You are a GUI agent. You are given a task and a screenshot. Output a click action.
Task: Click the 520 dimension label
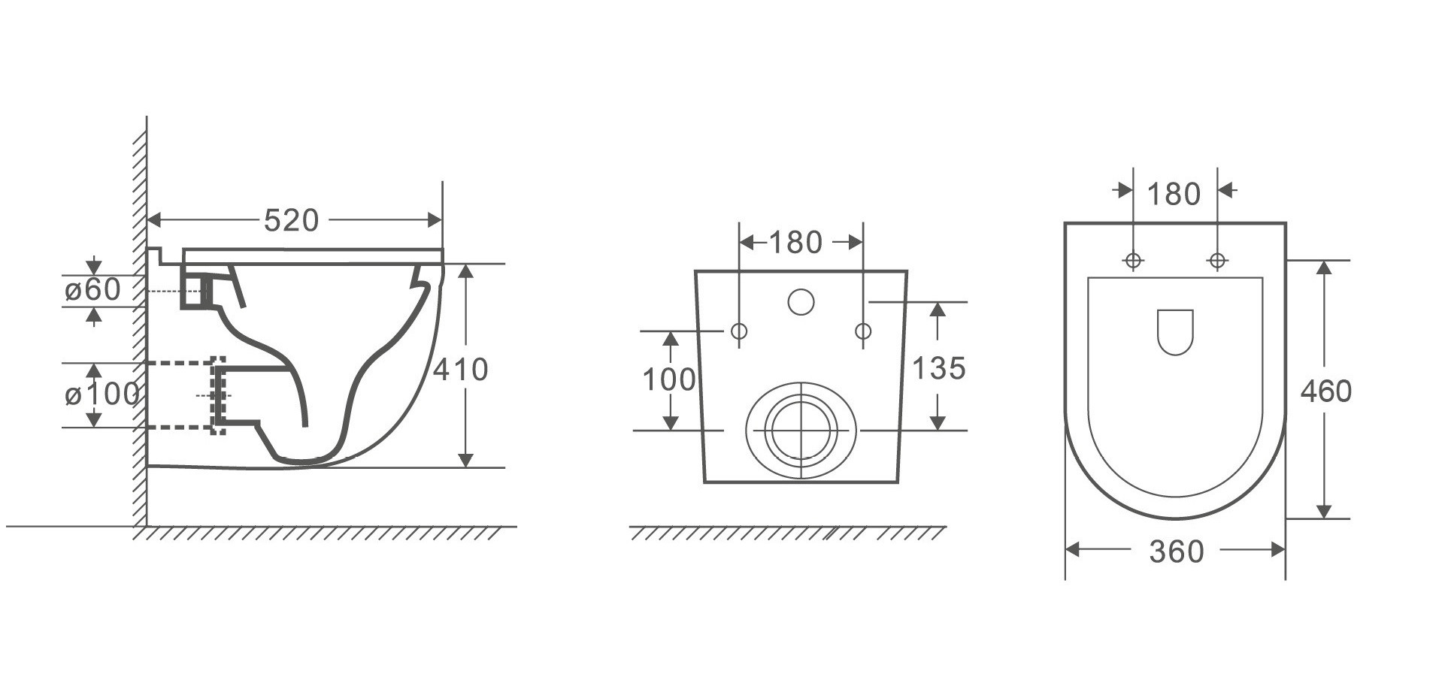(x=292, y=220)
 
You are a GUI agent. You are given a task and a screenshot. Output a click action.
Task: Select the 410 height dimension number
(x=460, y=369)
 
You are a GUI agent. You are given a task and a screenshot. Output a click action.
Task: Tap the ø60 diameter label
(x=92, y=290)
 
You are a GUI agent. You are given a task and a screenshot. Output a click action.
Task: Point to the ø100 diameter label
(x=101, y=394)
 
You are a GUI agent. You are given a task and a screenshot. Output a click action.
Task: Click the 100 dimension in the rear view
(x=668, y=379)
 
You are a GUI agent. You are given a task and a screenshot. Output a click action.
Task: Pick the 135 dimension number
(x=938, y=368)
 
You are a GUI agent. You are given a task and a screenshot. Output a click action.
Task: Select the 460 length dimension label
(x=1326, y=391)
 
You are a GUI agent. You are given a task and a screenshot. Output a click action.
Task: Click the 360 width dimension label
(x=1177, y=552)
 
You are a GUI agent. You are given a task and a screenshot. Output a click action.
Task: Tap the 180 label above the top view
(x=1174, y=195)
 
